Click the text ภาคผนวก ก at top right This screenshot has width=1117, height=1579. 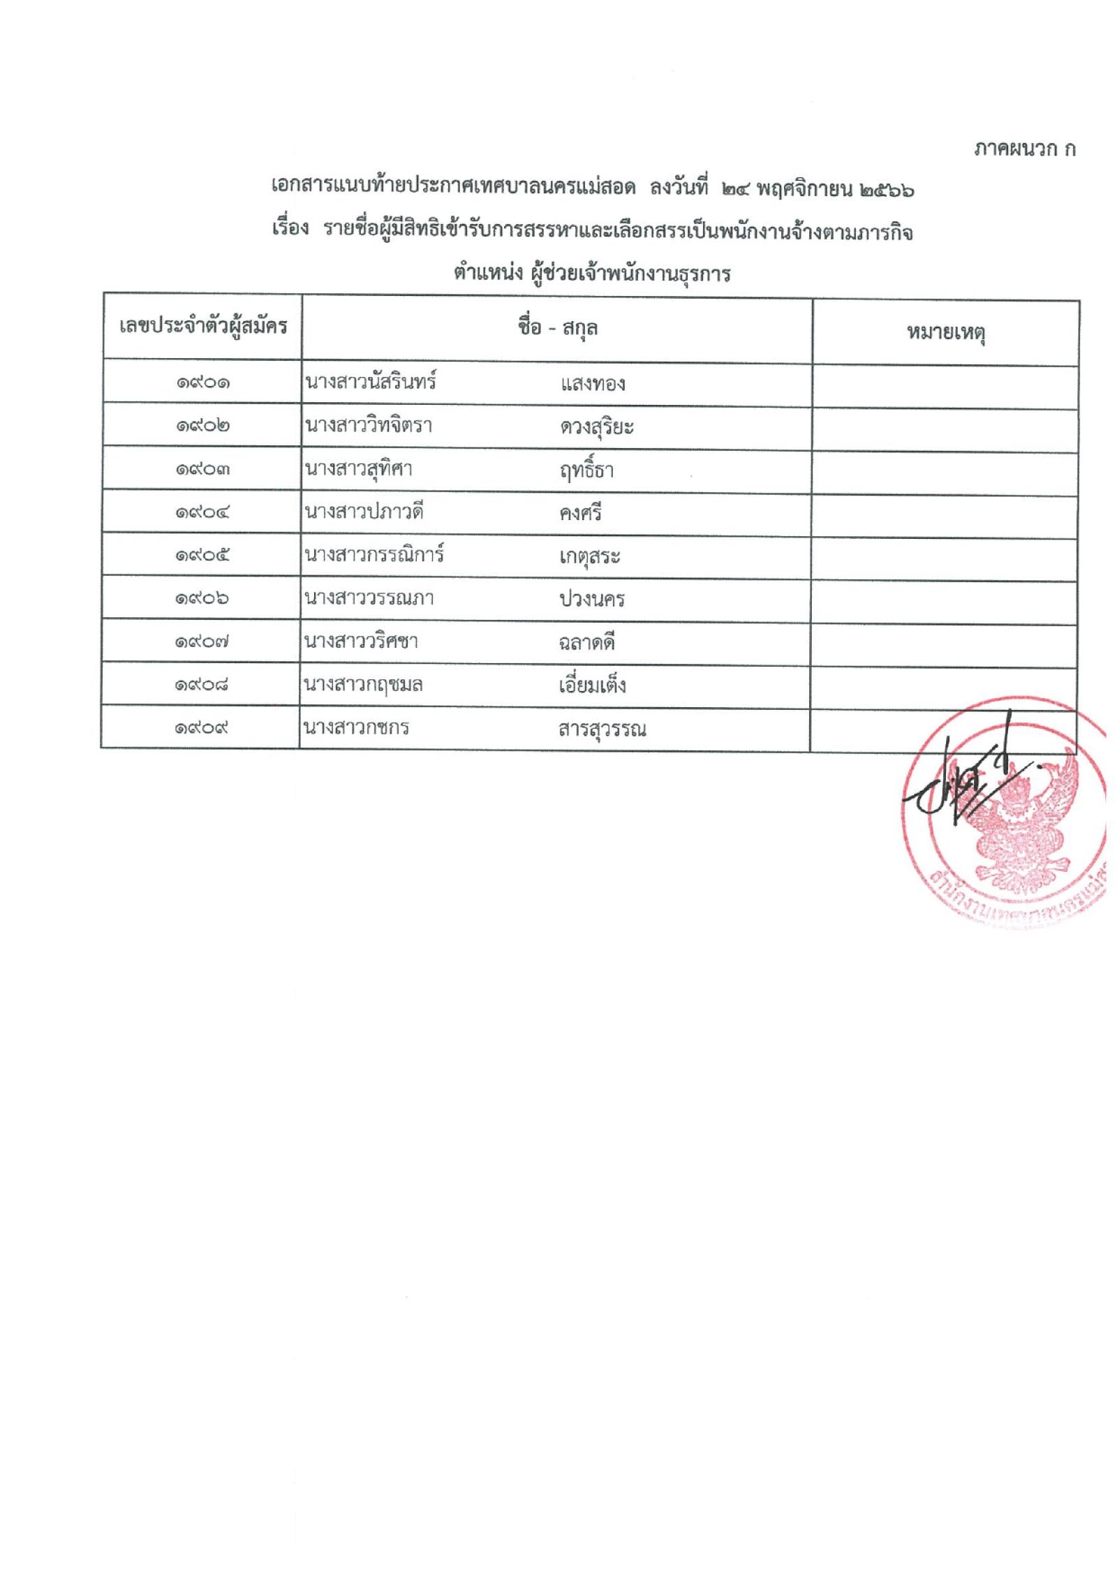click(x=1024, y=149)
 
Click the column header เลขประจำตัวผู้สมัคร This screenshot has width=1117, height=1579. click(x=203, y=326)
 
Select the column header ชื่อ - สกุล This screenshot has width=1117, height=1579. click(x=557, y=328)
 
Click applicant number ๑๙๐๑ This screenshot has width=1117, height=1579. click(x=203, y=383)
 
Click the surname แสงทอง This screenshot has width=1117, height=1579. click(x=592, y=385)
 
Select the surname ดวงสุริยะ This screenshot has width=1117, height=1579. click(x=596, y=427)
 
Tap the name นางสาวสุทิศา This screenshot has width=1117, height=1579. click(x=358, y=468)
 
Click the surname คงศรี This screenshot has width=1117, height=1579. click(x=580, y=514)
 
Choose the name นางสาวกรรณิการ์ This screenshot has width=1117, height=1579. click(x=374, y=555)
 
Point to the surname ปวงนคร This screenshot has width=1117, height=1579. click(x=591, y=600)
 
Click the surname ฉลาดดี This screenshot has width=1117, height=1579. click(x=586, y=643)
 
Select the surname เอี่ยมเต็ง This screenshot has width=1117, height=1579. click(x=592, y=685)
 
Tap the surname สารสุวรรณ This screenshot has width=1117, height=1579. click(x=602, y=730)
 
